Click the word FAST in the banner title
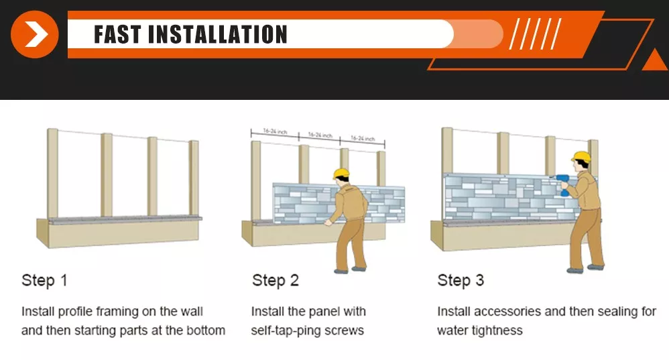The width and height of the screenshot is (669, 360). coord(117,35)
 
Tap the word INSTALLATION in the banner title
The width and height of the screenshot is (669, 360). coord(218,35)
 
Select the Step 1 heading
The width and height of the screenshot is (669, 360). coord(44,281)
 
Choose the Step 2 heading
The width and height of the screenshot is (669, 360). coord(276,281)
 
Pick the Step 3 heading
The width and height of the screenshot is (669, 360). coord(461,281)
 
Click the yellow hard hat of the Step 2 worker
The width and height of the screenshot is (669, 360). coord(341,174)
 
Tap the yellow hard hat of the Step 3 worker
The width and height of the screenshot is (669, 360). coord(581,157)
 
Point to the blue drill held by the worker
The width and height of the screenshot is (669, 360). coord(563,184)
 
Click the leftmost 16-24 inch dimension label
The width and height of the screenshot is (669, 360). coord(276,131)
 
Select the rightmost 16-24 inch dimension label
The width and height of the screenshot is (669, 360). coord(363,139)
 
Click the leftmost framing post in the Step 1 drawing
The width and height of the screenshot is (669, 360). coord(52,173)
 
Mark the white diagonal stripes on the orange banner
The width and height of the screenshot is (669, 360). coord(536,34)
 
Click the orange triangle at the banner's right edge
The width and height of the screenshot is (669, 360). coord(655,60)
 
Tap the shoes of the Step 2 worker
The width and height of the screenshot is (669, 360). coord(350,270)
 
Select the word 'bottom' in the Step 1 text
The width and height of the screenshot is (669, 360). coord(206,331)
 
